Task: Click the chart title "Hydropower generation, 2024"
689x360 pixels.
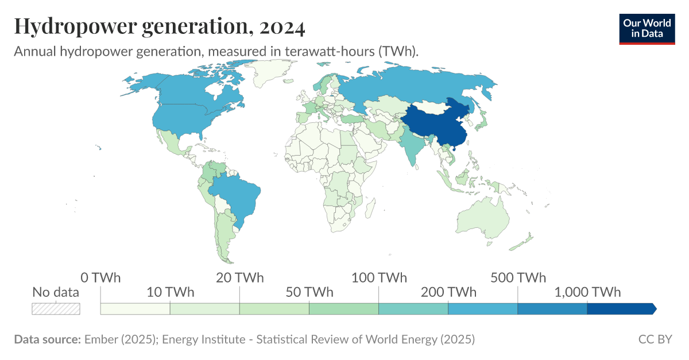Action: click(160, 26)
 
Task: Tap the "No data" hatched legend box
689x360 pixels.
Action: click(56, 308)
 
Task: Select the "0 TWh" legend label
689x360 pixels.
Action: click(100, 278)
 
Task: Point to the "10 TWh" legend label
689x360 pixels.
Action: click(171, 292)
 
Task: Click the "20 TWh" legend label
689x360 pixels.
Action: click(240, 278)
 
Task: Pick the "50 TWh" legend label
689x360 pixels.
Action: click(309, 292)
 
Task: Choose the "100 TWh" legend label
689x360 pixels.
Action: click(379, 278)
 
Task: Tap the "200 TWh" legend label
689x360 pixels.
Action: click(448, 292)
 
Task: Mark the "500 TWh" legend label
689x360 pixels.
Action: click(518, 278)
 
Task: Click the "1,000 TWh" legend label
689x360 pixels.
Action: click(587, 292)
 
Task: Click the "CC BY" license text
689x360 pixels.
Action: click(655, 339)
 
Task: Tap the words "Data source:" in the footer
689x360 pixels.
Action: click(47, 339)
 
